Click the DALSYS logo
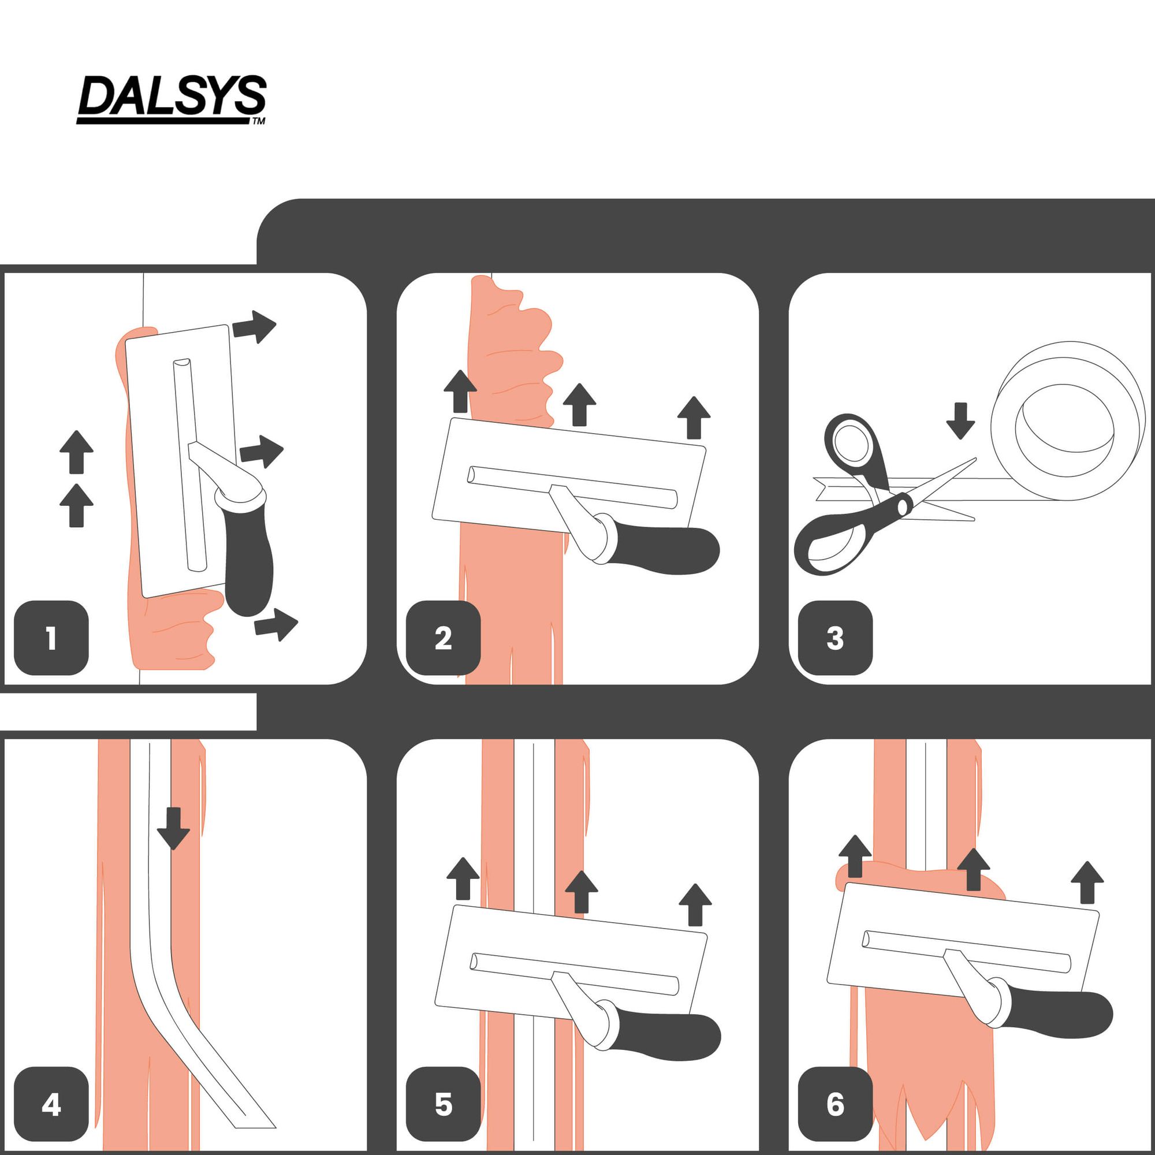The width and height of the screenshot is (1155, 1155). click(x=172, y=99)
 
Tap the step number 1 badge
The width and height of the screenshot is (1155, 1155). click(x=51, y=638)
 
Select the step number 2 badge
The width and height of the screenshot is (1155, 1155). click(x=443, y=638)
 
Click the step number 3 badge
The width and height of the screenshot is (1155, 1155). click(x=835, y=638)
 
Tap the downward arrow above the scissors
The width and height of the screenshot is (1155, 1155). click(x=961, y=421)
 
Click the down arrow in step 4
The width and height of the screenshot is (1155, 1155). click(x=173, y=829)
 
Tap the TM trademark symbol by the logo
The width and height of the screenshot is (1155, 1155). click(x=258, y=121)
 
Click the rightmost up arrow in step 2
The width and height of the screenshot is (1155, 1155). click(x=694, y=418)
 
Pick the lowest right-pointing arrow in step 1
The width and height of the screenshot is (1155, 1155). click(x=276, y=625)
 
